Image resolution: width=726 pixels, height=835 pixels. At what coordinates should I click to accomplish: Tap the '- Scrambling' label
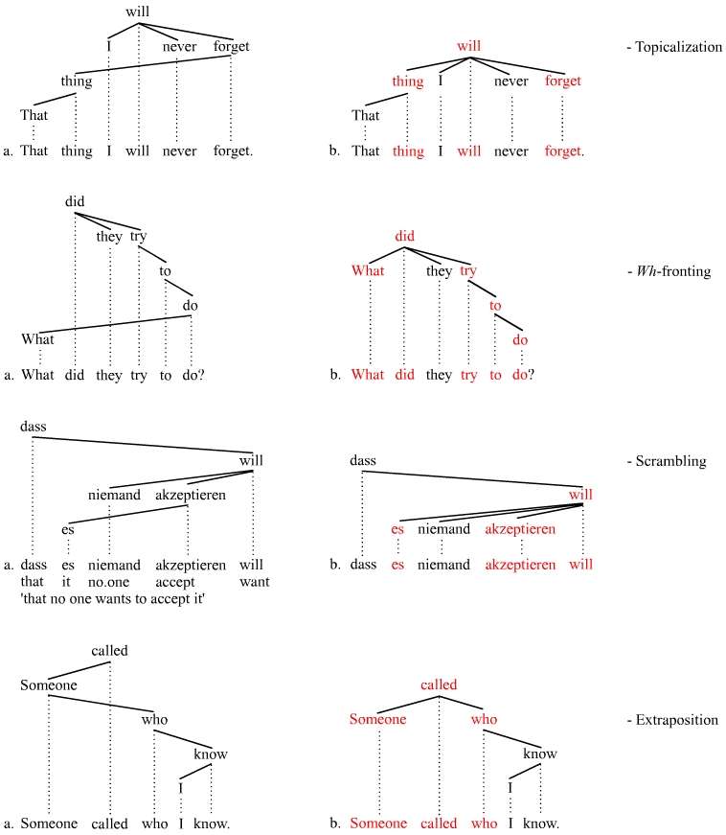coord(670,461)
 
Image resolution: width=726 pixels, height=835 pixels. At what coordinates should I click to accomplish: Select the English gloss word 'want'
coord(255,581)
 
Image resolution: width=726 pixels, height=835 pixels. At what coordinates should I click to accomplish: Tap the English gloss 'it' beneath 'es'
coord(67,581)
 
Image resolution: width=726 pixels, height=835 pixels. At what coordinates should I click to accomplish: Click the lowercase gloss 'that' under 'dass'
coord(34,581)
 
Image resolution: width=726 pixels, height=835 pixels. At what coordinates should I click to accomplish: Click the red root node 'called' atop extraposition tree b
coord(440,684)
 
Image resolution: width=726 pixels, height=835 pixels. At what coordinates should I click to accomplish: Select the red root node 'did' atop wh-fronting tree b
coord(404,235)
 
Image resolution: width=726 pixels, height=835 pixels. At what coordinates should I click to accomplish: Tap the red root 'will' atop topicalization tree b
coord(468,45)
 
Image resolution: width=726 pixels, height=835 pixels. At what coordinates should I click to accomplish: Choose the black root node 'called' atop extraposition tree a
coord(109,652)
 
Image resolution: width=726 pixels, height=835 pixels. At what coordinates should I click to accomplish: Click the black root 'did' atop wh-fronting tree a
coord(76,202)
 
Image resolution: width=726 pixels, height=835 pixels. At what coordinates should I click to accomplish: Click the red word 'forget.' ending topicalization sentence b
coord(563,151)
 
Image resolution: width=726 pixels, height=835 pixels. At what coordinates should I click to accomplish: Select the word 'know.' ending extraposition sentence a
coord(212,823)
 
